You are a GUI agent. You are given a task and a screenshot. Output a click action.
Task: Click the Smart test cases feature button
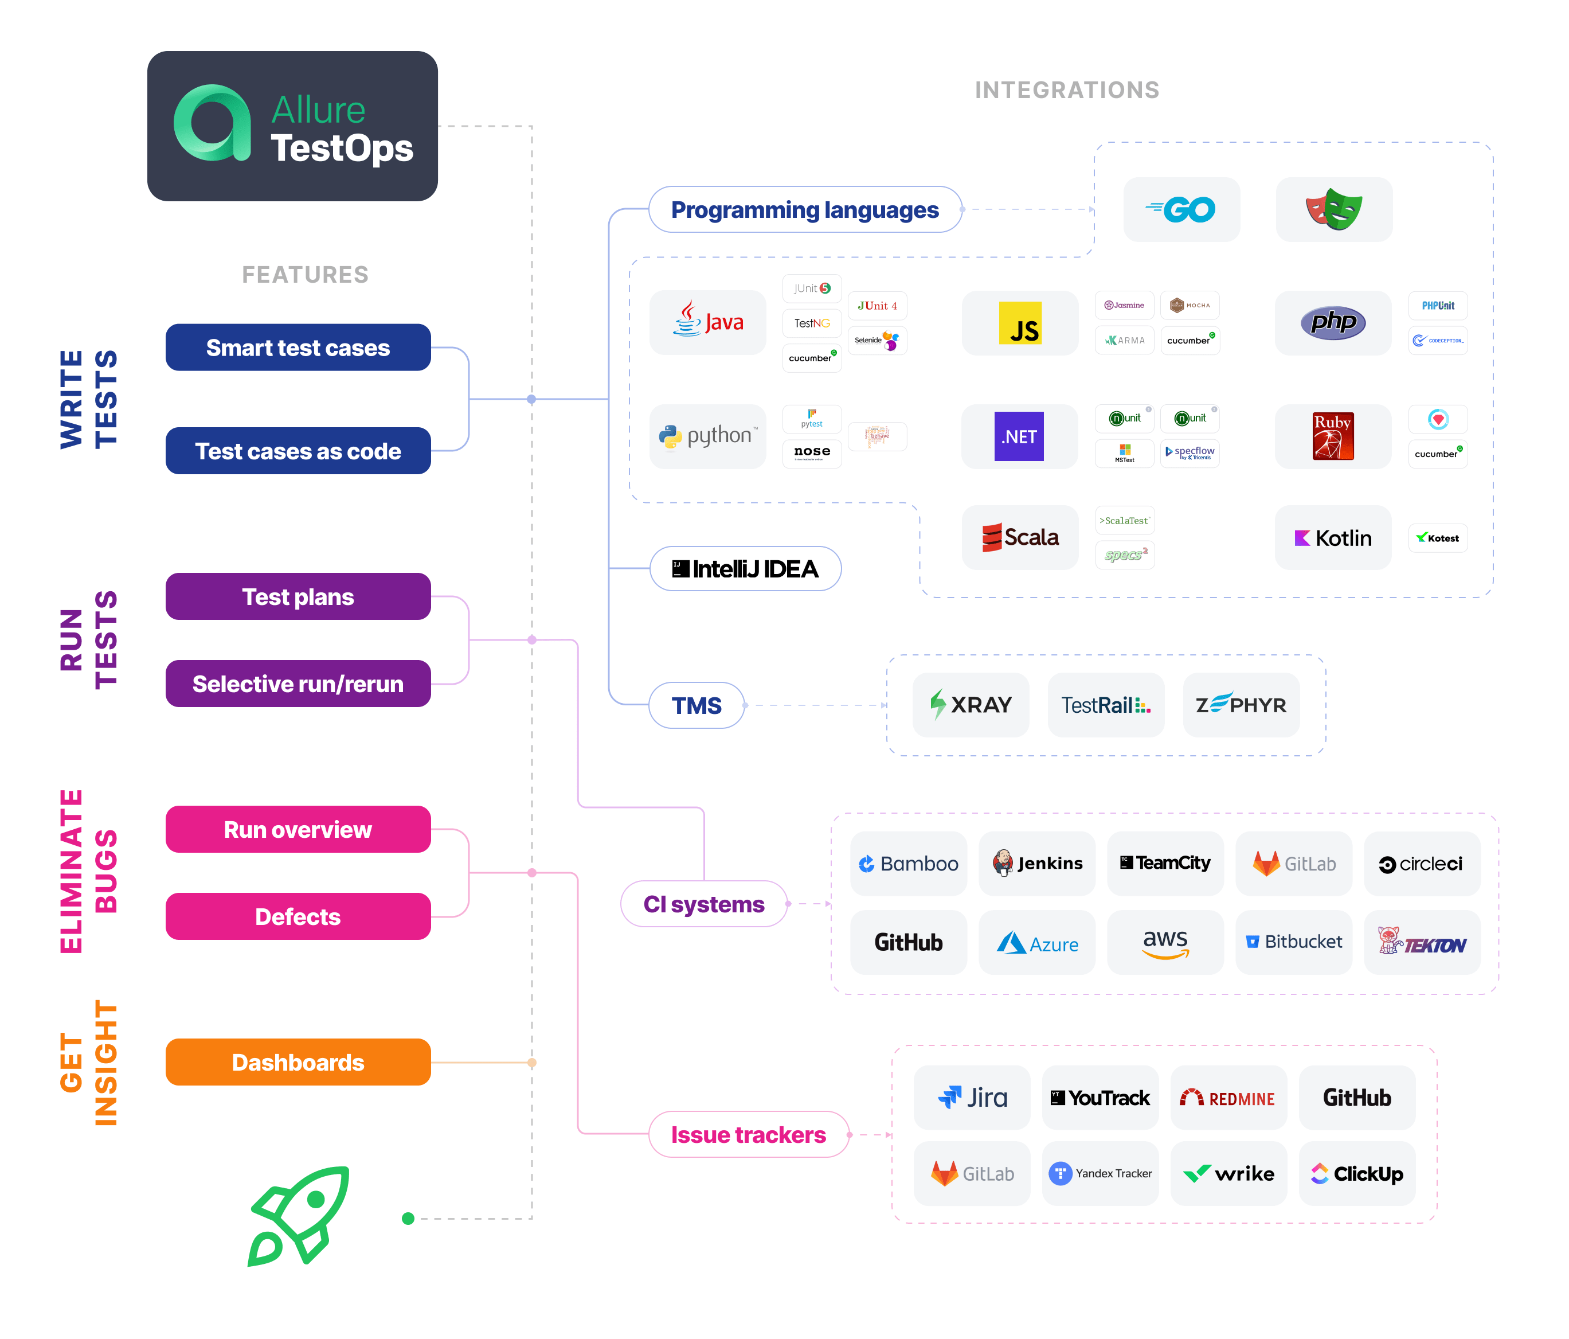[x=298, y=348]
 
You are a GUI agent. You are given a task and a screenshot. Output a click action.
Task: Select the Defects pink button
[x=298, y=916]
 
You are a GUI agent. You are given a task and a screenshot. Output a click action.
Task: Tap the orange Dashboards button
[x=298, y=1062]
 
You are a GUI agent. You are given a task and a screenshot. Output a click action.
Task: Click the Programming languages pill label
[x=804, y=210]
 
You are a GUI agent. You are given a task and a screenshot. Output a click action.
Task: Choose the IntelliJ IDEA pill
[x=745, y=569]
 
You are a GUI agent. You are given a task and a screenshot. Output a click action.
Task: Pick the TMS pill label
[x=696, y=705]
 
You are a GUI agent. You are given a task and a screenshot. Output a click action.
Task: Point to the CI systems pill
[x=703, y=904]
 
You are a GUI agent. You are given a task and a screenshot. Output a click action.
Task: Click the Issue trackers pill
[x=748, y=1134]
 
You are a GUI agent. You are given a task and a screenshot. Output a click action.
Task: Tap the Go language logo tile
[x=1181, y=210]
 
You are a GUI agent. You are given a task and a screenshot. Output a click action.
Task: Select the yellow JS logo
[x=1019, y=323]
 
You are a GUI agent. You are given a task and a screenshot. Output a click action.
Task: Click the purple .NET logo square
[x=1019, y=436]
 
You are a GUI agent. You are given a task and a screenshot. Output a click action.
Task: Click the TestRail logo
[x=1106, y=705]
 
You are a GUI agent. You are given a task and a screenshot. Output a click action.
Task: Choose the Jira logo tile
[x=972, y=1098]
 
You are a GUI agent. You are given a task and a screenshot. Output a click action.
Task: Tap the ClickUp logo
[x=1356, y=1173]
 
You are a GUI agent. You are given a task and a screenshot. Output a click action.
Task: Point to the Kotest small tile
[x=1437, y=538]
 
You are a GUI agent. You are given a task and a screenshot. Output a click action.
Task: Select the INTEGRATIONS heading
[x=1066, y=90]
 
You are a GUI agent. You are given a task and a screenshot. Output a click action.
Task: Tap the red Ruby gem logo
[x=1333, y=436]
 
